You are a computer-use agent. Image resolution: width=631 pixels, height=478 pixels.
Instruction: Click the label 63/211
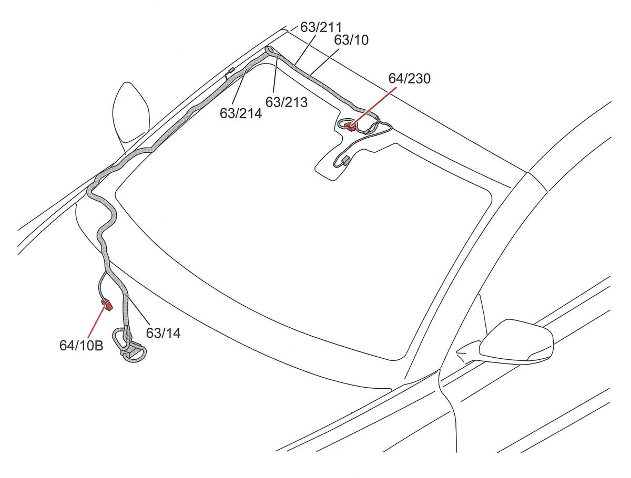pos(321,27)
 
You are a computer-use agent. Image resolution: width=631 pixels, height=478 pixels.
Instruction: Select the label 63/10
pos(351,40)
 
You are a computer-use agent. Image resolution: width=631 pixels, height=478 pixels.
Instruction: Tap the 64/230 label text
pos(409,78)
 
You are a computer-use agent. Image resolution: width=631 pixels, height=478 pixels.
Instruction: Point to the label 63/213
pos(287,102)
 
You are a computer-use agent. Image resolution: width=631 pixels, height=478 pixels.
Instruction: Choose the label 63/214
pos(241,113)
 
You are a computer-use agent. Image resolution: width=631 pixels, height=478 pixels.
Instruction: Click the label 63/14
pos(163,333)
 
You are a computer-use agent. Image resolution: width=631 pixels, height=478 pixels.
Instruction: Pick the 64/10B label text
pos(81,345)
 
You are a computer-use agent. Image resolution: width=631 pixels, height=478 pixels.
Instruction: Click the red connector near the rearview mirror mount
pos(350,126)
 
